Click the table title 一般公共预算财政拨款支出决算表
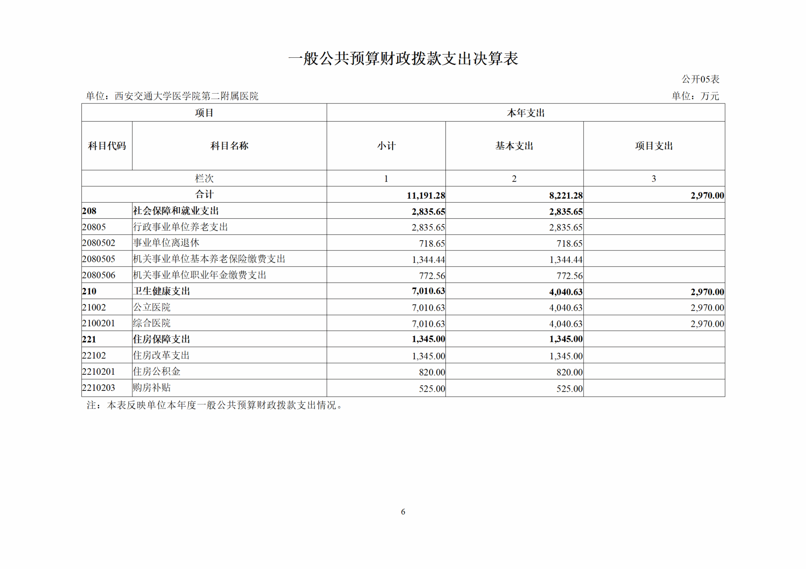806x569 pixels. coord(403,59)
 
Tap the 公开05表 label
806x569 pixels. coord(700,79)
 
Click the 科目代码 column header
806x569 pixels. coord(107,146)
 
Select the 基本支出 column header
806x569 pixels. coord(514,146)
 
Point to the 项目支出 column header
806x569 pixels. coord(654,146)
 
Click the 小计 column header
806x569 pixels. coord(386,146)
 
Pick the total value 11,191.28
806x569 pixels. coord(425,195)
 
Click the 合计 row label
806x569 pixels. coord(204,194)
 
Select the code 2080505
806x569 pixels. coord(98,259)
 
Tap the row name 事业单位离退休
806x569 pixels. coord(166,243)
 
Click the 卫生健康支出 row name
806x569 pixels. coord(161,291)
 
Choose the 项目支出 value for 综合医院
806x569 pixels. coord(707,324)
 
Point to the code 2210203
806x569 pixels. coord(98,388)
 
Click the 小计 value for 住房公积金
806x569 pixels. coord(432,372)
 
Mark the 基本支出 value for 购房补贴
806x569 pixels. coord(569,389)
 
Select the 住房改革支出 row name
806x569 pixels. coord(161,355)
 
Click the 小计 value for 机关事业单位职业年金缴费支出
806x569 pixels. coord(432,276)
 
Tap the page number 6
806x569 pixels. coord(403,512)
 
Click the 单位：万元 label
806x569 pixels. coord(695,96)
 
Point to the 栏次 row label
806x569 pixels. coord(204,179)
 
